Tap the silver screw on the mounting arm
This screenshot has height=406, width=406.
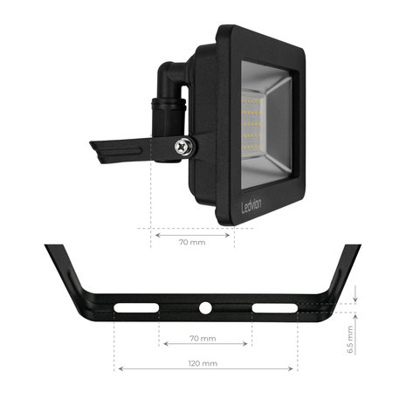184,148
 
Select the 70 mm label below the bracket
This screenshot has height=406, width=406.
203,338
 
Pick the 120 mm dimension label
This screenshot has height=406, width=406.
204,361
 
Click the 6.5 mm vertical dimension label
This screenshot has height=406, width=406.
349,334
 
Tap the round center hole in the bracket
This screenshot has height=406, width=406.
205,308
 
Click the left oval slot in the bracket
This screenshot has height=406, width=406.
140,308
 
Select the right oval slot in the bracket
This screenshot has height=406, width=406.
270,308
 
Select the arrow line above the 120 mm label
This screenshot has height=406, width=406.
205,369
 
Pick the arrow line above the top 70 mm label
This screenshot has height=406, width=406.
192,234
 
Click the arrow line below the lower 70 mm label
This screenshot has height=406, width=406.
204,345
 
